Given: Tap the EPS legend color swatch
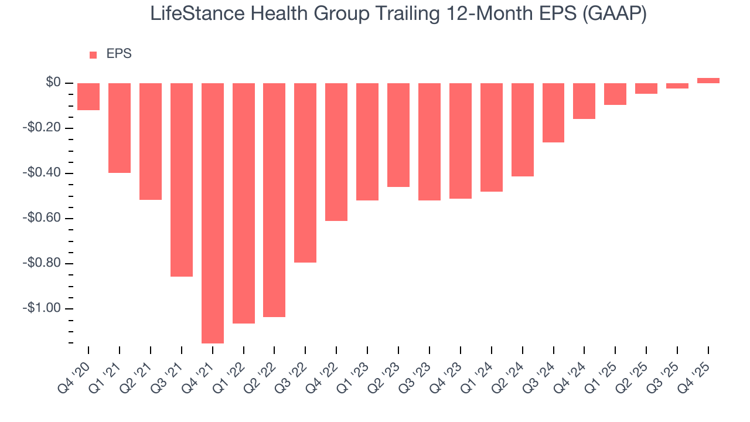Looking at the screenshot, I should [93, 55].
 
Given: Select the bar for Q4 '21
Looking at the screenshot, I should [213, 213].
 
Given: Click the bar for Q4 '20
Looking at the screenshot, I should [88, 97].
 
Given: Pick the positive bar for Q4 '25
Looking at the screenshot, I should [708, 80].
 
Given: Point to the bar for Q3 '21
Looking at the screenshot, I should [182, 179].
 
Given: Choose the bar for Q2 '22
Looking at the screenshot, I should [274, 200].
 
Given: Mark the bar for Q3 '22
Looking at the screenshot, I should [305, 172].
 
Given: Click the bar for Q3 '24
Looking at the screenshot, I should [553, 113].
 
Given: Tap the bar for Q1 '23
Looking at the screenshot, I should [367, 141].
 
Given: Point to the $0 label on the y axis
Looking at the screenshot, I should [53, 83].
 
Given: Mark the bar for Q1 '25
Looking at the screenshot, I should [615, 94].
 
